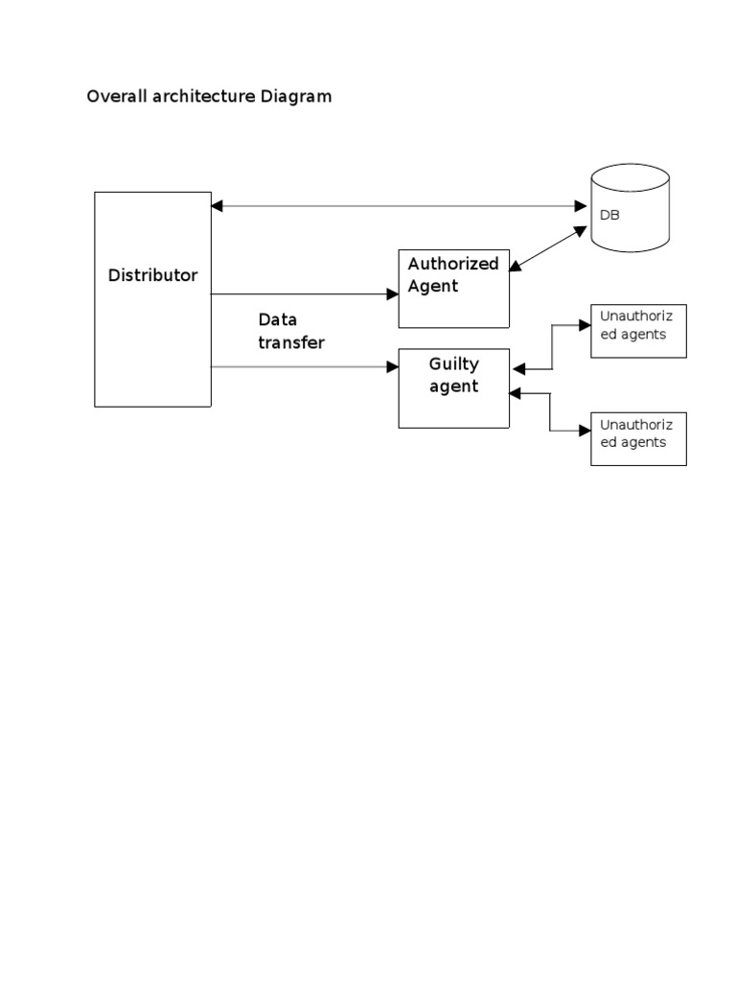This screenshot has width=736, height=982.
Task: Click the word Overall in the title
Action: tap(113, 97)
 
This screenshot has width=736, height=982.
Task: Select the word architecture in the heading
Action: tap(199, 97)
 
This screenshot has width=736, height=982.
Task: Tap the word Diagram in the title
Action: tap(296, 97)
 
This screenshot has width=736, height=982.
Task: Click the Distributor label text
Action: tap(152, 275)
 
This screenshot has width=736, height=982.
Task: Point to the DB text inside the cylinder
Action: tap(609, 216)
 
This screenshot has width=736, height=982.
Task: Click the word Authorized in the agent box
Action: tap(453, 264)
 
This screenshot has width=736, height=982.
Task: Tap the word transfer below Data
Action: tap(291, 342)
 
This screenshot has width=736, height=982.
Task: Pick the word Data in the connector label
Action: tap(278, 319)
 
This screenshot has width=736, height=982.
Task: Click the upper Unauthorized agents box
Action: tap(638, 332)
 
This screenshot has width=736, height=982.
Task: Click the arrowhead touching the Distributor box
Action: tap(218, 205)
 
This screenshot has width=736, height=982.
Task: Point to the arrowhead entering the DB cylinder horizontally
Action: tap(580, 205)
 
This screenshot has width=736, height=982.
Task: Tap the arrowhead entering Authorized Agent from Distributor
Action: tap(392, 294)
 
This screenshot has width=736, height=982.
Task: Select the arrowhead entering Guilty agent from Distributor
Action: tap(392, 366)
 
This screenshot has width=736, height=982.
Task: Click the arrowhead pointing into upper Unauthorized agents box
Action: tap(585, 325)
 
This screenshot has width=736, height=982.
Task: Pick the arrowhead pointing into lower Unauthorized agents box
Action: tap(585, 431)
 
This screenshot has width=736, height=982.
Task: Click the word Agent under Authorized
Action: tap(433, 286)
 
